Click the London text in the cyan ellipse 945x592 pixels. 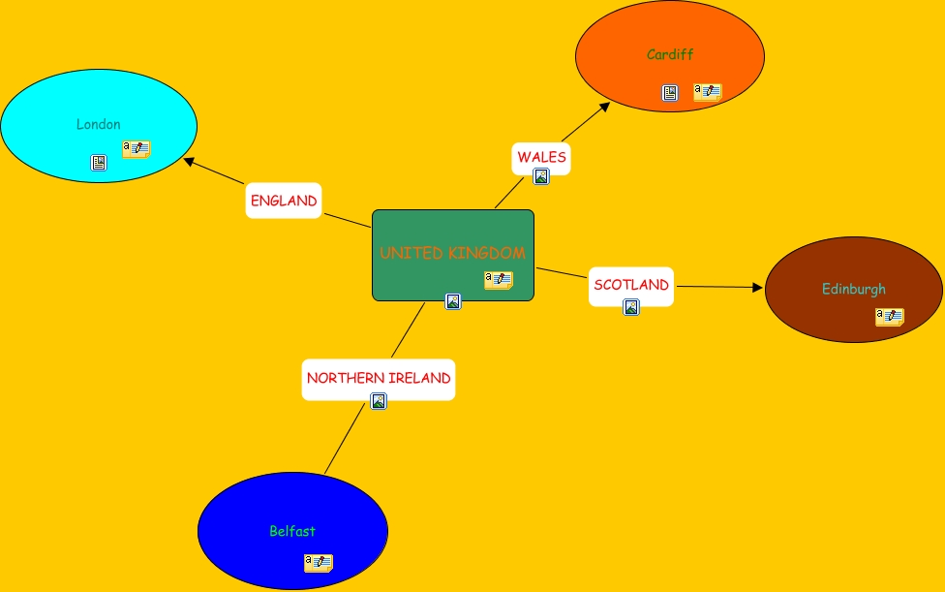coord(99,124)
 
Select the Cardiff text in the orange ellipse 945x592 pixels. coord(670,54)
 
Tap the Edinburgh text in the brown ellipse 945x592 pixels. coord(854,289)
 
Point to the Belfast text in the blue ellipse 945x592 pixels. coord(292,531)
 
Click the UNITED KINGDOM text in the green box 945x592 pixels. coord(452,253)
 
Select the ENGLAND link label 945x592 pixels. coord(284,201)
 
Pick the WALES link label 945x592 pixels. coord(541,157)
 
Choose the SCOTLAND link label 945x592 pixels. coord(631,285)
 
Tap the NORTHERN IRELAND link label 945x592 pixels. coord(379,378)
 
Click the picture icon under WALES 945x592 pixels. coord(541,176)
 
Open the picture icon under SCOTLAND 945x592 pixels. coord(631,307)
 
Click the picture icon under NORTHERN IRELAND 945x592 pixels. coord(379,401)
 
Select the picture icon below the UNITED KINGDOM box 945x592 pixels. coord(453,301)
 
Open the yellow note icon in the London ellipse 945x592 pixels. coord(137,149)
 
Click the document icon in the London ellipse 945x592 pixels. coord(99,163)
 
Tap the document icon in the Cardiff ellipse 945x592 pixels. coord(670,93)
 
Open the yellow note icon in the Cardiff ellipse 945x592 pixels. coord(708,92)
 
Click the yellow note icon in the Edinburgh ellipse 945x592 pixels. coord(890,317)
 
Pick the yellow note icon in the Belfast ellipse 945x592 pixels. coord(319,563)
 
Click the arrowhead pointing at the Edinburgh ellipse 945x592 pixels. coord(758,288)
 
